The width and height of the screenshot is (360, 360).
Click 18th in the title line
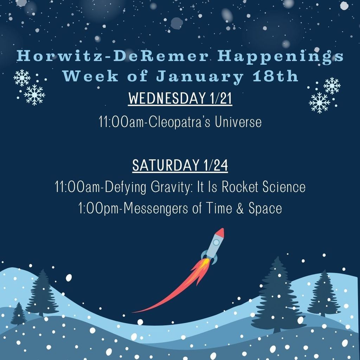pos(275,76)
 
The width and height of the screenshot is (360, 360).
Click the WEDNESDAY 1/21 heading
pos(180,99)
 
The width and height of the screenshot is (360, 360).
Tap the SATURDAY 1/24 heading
pos(180,165)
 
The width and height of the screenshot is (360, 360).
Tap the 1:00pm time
pos(100,208)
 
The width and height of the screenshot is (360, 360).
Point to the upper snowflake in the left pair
pos(22,78)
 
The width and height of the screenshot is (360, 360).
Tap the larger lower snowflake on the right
pos(319,102)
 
